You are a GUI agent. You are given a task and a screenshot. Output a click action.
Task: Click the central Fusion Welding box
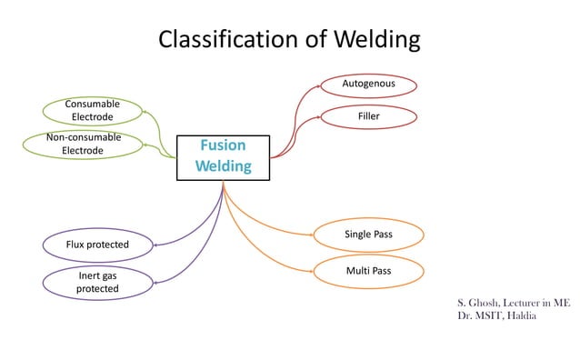tap(223, 156)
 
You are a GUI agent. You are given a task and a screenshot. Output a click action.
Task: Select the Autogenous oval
tap(368, 85)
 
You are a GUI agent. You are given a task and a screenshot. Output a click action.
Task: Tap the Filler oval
tap(368, 116)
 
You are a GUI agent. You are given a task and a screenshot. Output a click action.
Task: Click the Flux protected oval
tap(97, 245)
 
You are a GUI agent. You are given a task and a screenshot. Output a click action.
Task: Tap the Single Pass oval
tap(368, 235)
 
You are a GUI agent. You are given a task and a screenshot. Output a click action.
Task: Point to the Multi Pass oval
tap(368, 271)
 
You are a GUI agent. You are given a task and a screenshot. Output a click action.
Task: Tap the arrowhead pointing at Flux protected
tap(155, 245)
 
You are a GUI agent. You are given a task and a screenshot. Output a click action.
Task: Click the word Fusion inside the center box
tap(223, 145)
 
